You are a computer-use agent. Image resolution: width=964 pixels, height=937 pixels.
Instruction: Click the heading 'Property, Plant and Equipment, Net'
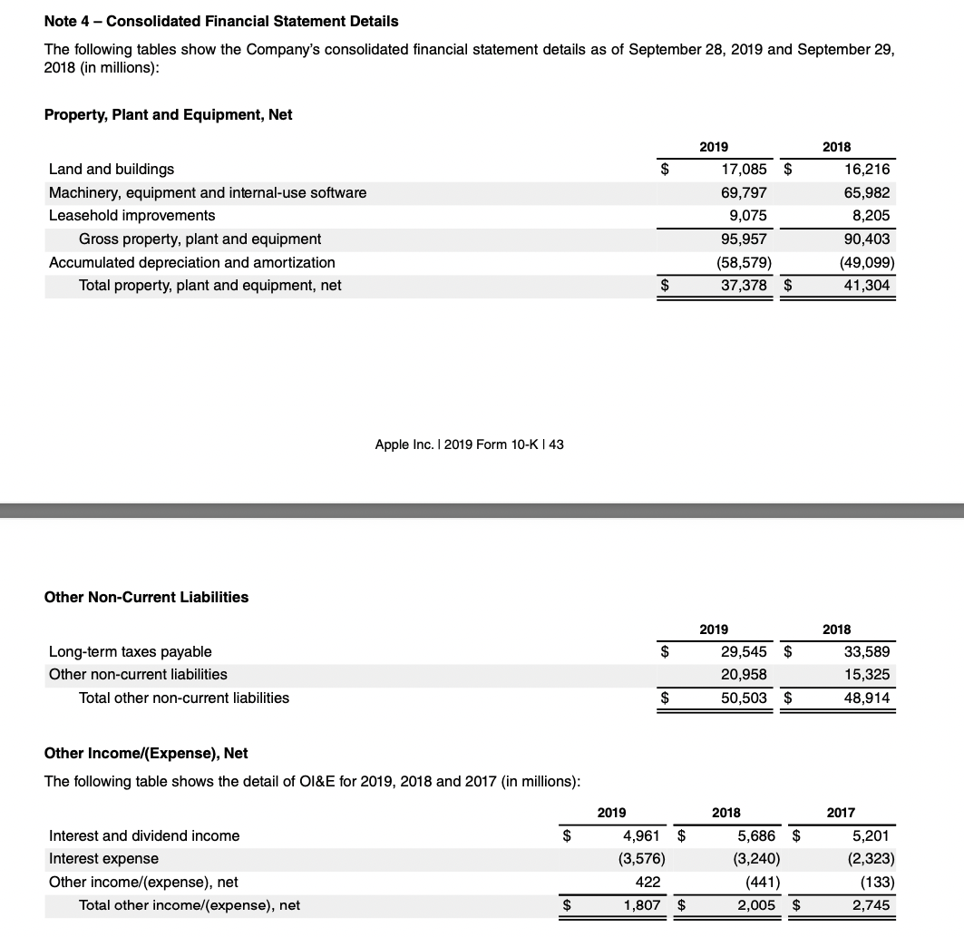click(x=168, y=114)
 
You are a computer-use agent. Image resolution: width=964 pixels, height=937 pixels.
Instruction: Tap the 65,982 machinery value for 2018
click(x=868, y=192)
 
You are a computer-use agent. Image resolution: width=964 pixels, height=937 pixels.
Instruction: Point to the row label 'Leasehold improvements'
click(x=131, y=215)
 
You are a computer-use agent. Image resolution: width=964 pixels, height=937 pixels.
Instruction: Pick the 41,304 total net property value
click(x=868, y=286)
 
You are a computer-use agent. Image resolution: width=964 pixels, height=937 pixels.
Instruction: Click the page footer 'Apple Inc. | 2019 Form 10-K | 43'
click(x=470, y=444)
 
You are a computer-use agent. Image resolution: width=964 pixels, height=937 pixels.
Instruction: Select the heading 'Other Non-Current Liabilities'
click(x=146, y=597)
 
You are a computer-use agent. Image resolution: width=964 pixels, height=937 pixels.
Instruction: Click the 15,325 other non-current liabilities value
click(x=868, y=674)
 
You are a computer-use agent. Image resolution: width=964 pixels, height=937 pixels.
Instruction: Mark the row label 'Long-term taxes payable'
click(x=130, y=651)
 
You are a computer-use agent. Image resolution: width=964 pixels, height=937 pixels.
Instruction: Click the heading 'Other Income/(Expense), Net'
click(x=146, y=753)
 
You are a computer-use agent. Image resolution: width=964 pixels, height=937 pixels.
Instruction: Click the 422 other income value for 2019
click(x=648, y=882)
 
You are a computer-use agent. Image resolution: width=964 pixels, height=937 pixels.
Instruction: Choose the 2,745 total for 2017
click(x=871, y=905)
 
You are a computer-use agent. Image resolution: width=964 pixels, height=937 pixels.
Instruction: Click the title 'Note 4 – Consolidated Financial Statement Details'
click(x=221, y=20)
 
